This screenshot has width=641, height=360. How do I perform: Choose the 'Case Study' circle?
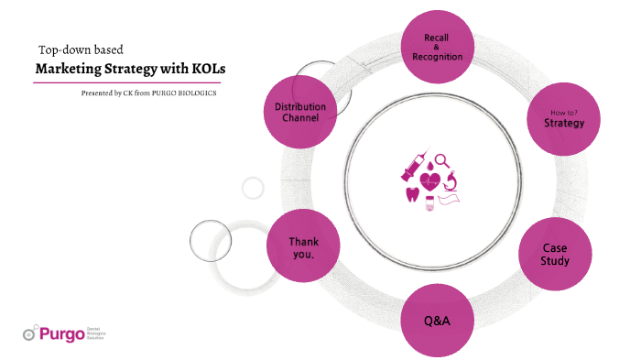pyautogui.click(x=556, y=255)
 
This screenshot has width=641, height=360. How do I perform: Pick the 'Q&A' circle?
pyautogui.click(x=438, y=322)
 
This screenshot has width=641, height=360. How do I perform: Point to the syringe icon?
pyautogui.click(x=408, y=169)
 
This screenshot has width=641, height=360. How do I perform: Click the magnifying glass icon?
pyautogui.click(x=442, y=161)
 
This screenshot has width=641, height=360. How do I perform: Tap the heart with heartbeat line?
pyautogui.click(x=429, y=180)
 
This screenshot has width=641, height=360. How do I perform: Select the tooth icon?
pyautogui.click(x=411, y=194)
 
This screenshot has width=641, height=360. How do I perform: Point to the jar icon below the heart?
pyautogui.click(x=429, y=200)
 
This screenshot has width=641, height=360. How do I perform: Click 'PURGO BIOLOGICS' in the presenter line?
pyautogui.click(x=190, y=93)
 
